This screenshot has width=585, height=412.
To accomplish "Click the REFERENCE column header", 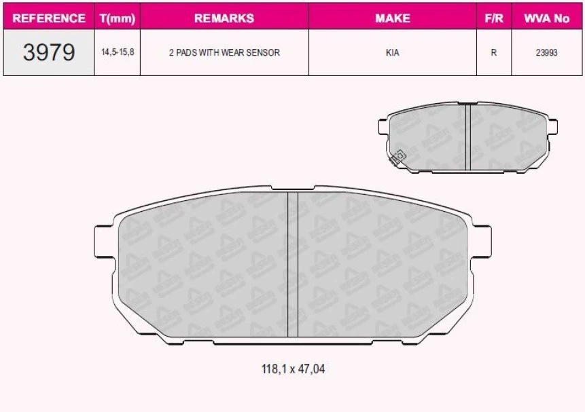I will [x=49, y=18].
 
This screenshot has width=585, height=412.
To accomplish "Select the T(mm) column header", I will [x=117, y=18].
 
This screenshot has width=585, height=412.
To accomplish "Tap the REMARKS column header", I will [x=224, y=18].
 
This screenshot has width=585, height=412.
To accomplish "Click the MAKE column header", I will [x=392, y=18].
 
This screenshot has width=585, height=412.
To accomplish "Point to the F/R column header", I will [x=494, y=18].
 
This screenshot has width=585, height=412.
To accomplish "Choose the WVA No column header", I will [x=546, y=18].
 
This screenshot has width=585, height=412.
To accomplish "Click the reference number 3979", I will [x=49, y=52].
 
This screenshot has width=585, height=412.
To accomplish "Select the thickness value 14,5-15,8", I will [x=117, y=52].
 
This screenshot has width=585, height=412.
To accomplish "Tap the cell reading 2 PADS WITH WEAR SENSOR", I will [x=224, y=52].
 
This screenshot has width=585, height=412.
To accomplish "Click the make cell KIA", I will [x=392, y=52].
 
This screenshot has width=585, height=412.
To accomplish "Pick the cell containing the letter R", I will [x=494, y=52].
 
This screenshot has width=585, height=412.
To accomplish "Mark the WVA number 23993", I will [x=546, y=52].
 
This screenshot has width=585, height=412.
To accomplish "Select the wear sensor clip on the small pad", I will [x=397, y=157].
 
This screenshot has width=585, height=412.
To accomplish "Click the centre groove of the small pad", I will [x=467, y=138].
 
